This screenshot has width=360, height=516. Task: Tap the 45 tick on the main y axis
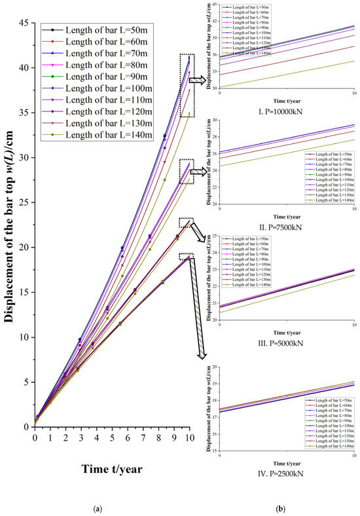point(24,23)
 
